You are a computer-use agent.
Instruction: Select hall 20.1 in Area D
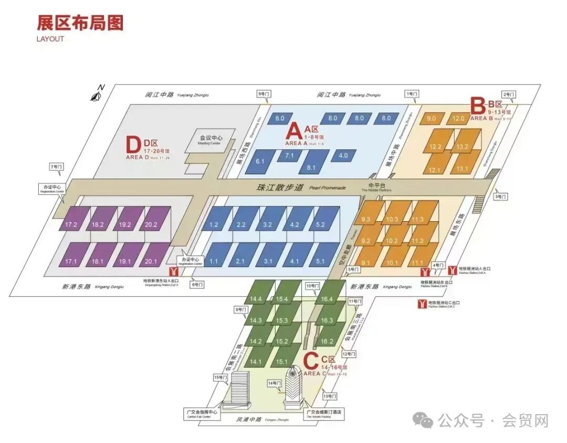point(152,261)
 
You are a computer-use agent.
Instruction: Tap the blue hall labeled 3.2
point(267,225)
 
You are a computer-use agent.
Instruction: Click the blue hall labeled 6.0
point(280,119)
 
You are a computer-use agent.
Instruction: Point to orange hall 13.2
point(463,147)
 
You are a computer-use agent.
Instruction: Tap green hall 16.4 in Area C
point(327,299)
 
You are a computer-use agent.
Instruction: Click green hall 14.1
point(256,362)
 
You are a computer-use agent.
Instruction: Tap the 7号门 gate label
point(56,167)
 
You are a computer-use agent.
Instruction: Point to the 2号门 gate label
point(509,95)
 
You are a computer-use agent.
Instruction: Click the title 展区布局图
point(80,23)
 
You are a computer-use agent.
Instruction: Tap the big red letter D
point(134,145)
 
